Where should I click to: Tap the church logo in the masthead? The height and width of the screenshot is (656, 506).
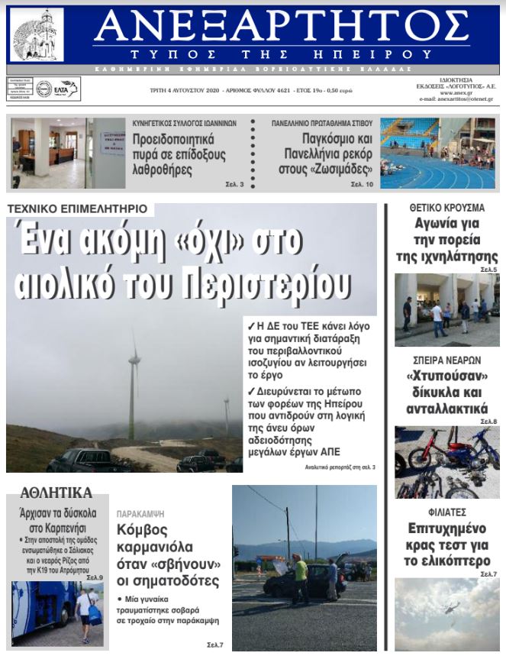tap(36, 35)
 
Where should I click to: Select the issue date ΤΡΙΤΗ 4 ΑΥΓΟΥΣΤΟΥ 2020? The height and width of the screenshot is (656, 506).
tap(186, 90)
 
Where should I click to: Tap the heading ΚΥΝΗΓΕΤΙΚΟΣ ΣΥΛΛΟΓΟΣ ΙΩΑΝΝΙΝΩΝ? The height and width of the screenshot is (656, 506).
tap(184, 123)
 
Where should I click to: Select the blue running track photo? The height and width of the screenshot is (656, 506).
tap(437, 153)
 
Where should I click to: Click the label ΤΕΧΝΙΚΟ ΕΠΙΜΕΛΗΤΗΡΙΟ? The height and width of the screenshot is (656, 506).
tap(78, 208)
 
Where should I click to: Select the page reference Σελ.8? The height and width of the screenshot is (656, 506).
tap(488, 422)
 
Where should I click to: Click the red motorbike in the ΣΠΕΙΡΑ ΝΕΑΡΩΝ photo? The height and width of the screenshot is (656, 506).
tap(443, 454)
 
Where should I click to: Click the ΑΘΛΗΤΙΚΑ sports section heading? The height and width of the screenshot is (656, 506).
tap(56, 493)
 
